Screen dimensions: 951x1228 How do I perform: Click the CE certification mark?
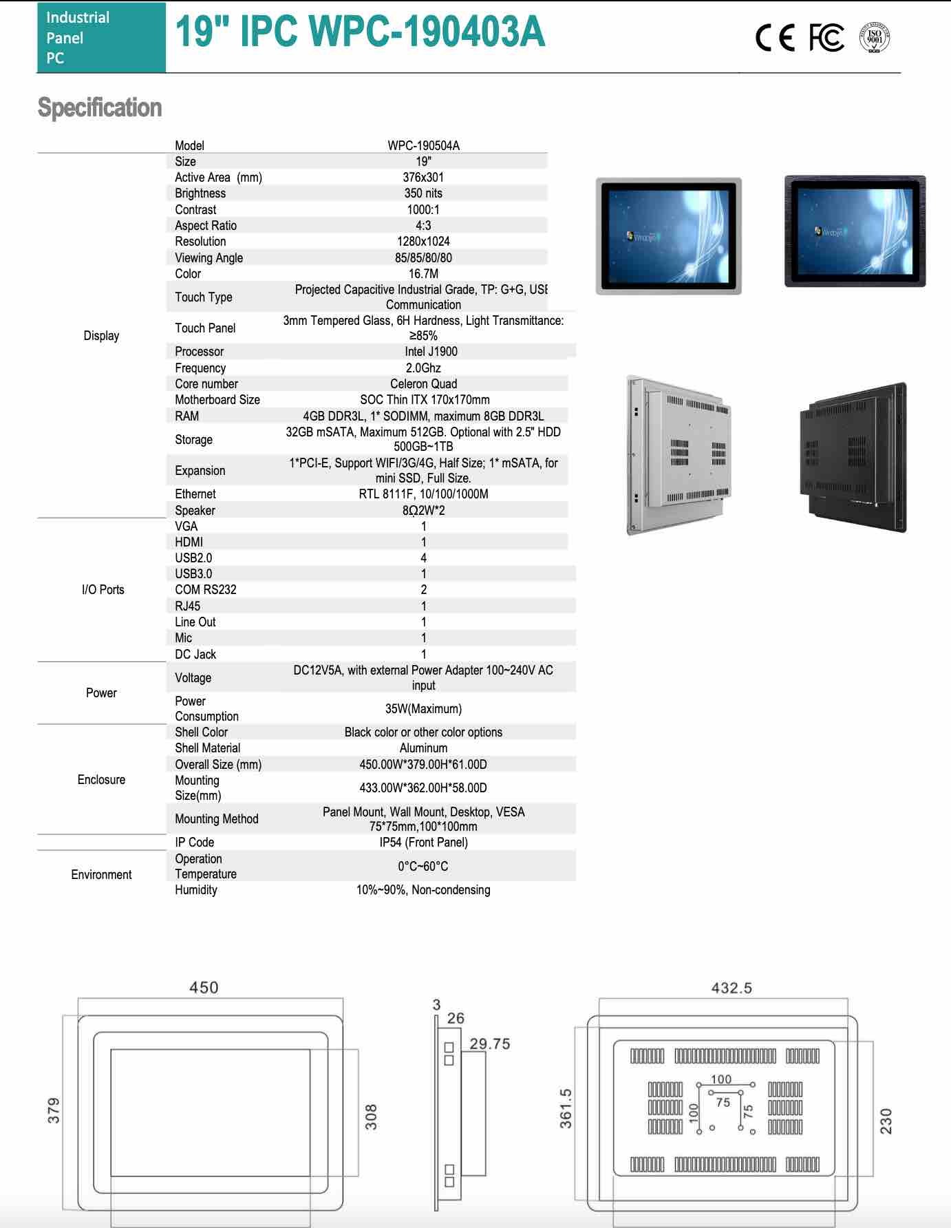pos(775,38)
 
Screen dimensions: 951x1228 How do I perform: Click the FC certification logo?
pos(826,38)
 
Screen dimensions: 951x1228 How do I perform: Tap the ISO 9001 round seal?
pos(875,38)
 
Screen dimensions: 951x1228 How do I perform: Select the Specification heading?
pos(100,108)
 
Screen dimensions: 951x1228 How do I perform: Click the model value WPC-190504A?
pos(423,145)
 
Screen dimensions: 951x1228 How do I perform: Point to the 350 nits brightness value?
pos(423,193)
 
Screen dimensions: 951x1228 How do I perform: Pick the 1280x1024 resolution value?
pos(423,242)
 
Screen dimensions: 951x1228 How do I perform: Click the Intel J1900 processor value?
pos(431,352)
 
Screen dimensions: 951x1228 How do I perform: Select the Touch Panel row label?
pos(205,328)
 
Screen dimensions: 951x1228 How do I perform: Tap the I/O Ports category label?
pos(103,590)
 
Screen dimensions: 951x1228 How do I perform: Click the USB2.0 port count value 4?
pos(423,558)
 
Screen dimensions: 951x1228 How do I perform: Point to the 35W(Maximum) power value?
pos(423,709)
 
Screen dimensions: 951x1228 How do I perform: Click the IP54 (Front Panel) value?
pos(423,843)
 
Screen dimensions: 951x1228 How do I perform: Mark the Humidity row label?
pos(195,890)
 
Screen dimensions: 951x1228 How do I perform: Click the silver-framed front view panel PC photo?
pos(668,236)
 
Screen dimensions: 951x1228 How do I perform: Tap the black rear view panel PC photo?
pos(853,457)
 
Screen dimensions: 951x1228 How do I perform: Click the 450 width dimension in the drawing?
pos(204,988)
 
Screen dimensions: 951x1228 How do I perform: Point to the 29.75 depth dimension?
pos(490,1044)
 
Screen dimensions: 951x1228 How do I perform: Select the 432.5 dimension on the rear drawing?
pos(731,988)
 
